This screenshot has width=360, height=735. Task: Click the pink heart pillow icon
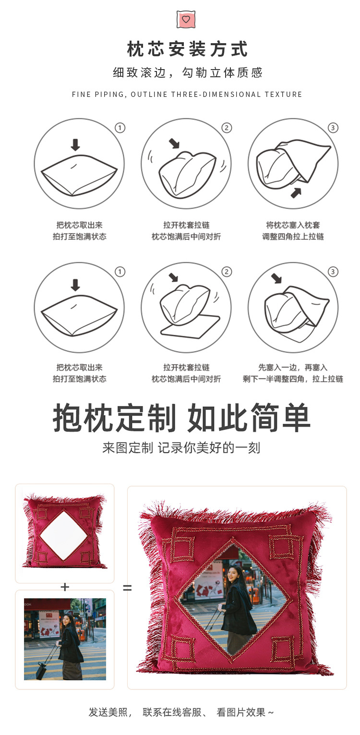186,19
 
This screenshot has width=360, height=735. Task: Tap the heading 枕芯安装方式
187,49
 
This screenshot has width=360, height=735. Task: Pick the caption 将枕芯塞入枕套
293,225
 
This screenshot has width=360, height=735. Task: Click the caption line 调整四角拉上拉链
293,237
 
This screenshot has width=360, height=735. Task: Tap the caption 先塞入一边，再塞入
293,367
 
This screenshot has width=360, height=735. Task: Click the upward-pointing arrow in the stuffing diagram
296,193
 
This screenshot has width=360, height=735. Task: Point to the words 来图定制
127,448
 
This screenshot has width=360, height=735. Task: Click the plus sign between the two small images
65,587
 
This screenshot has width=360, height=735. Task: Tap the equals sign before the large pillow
127,587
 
